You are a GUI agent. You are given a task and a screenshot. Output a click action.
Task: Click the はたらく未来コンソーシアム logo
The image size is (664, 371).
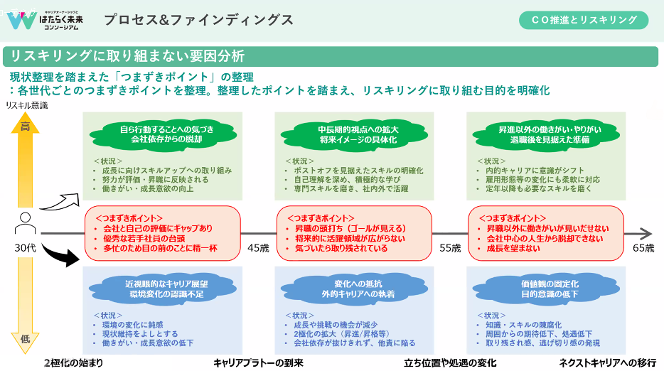pos(45,19)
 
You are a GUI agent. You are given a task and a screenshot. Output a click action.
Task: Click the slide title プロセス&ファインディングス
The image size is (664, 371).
pos(198,20)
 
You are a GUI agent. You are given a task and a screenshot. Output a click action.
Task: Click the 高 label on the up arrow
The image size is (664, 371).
pos(25,127)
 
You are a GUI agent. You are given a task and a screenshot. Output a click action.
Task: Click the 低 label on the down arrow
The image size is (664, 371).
pos(25,339)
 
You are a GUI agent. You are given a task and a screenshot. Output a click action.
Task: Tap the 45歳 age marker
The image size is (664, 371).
pos(259,248)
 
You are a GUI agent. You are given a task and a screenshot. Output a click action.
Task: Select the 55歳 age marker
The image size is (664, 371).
pos(450,248)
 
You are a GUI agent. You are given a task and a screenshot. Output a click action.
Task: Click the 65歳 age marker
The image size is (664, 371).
pos(643,248)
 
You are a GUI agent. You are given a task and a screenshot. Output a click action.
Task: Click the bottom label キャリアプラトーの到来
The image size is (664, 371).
pos(259,362)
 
